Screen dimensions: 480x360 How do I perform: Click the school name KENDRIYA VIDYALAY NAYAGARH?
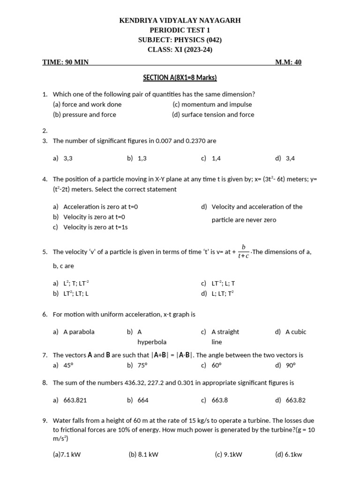pos(180,21)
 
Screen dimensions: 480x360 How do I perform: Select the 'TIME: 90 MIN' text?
pos(65,62)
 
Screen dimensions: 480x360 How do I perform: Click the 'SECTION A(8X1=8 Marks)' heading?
pos(180,78)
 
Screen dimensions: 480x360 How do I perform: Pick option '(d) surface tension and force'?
pos(213,114)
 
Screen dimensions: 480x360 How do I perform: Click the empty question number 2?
pos(45,131)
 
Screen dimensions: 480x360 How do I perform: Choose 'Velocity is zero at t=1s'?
pos(96,227)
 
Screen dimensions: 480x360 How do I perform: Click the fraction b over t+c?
pos(243,251)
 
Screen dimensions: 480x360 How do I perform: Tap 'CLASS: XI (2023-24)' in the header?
pos(180,49)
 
